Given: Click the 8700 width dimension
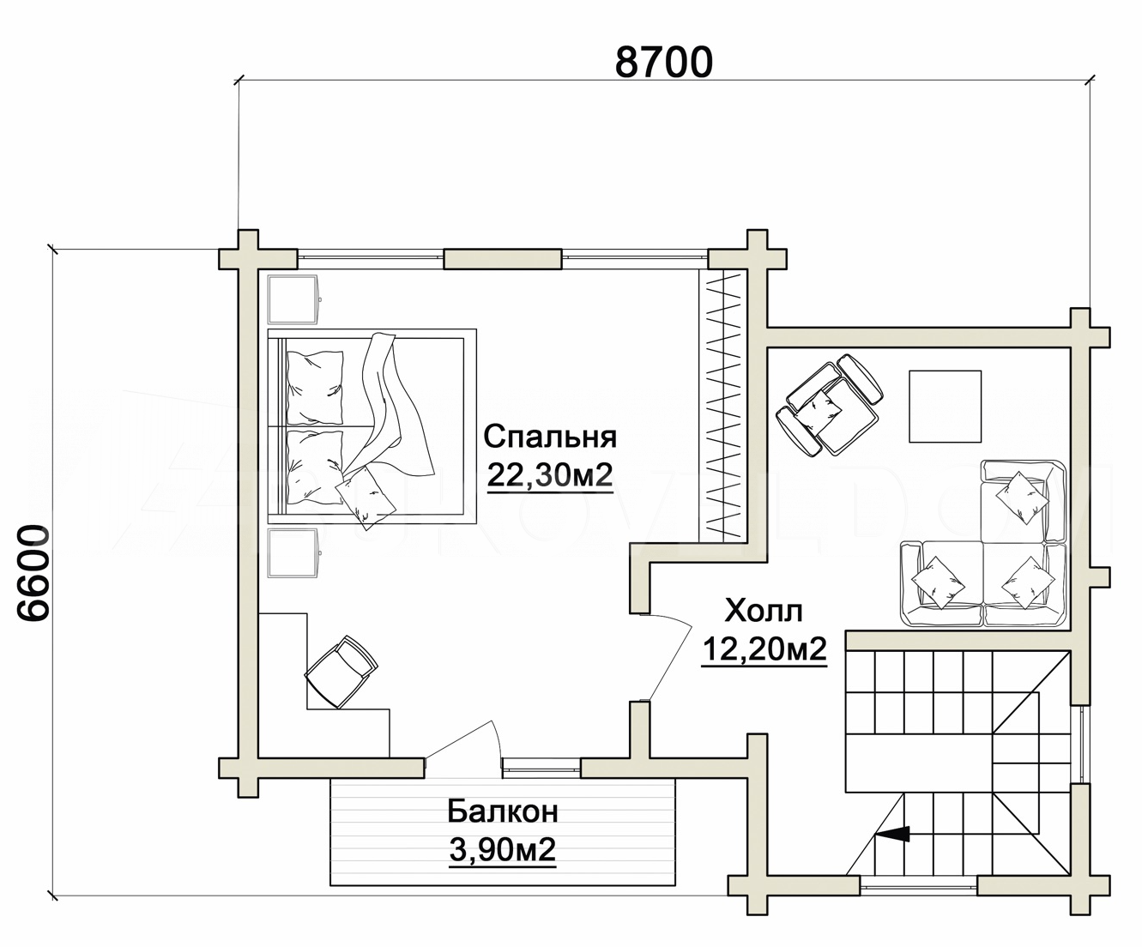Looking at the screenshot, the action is point(664,63).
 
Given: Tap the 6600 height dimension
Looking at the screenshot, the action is point(33,573).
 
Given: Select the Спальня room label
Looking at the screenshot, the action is point(550,437).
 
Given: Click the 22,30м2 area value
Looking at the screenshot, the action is point(550,476).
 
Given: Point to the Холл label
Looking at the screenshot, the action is point(764,612).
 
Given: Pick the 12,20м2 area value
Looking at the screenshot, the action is point(764,649).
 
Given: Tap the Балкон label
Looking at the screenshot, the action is point(503,812).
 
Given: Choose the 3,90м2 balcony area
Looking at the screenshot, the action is point(503,850).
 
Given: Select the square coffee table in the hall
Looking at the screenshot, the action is point(946,407).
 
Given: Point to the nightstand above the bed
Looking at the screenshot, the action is point(293,299).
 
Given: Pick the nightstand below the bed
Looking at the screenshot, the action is point(293,552).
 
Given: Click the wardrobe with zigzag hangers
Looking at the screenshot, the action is point(723,406).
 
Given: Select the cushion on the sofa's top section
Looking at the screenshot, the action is point(1015,498).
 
